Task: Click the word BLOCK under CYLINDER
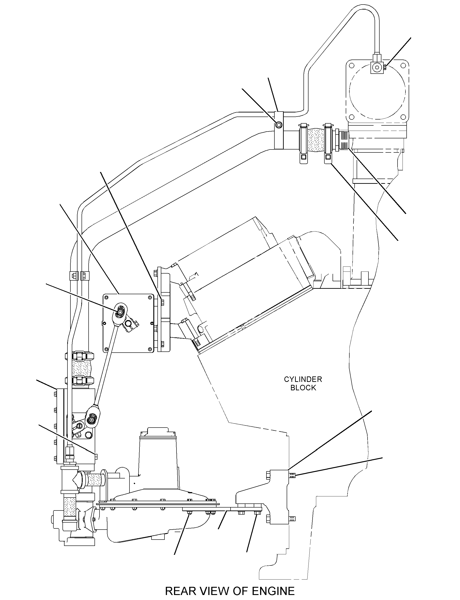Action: click(303, 388)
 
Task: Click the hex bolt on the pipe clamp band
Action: click(278, 125)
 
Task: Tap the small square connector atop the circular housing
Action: click(377, 67)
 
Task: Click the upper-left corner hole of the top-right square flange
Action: click(352, 65)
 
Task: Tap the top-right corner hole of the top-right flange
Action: click(403, 65)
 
